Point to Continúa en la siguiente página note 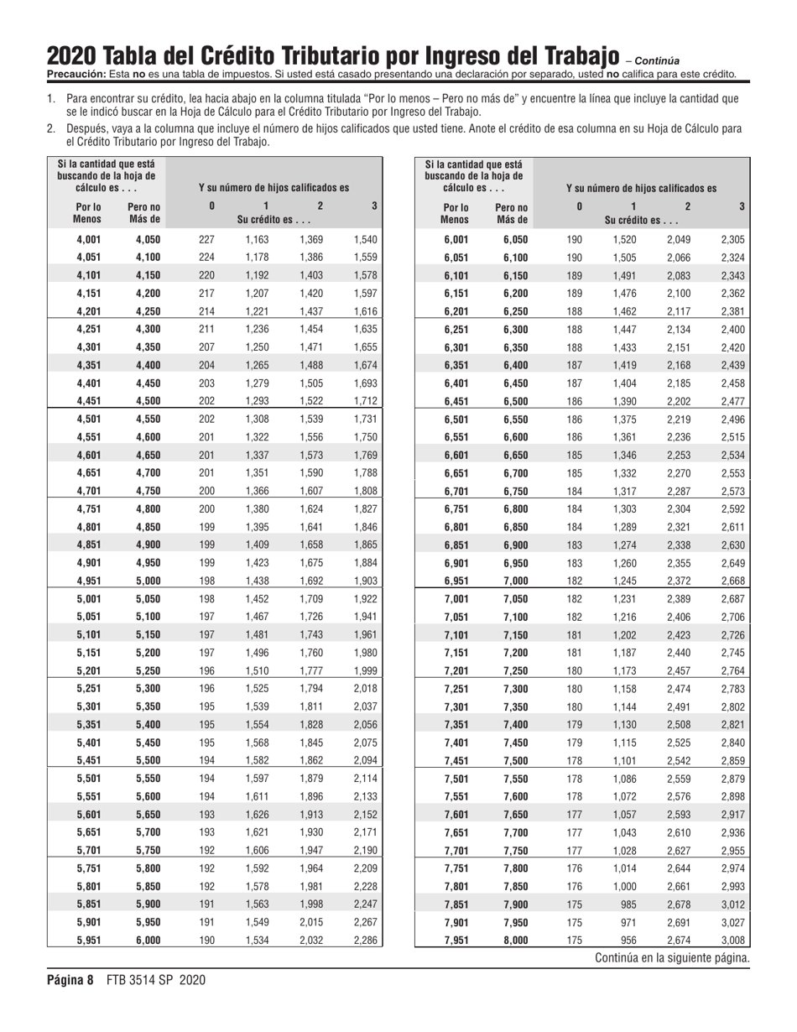tap(672, 957)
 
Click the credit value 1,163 tap(257, 239)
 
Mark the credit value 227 tap(206, 239)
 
